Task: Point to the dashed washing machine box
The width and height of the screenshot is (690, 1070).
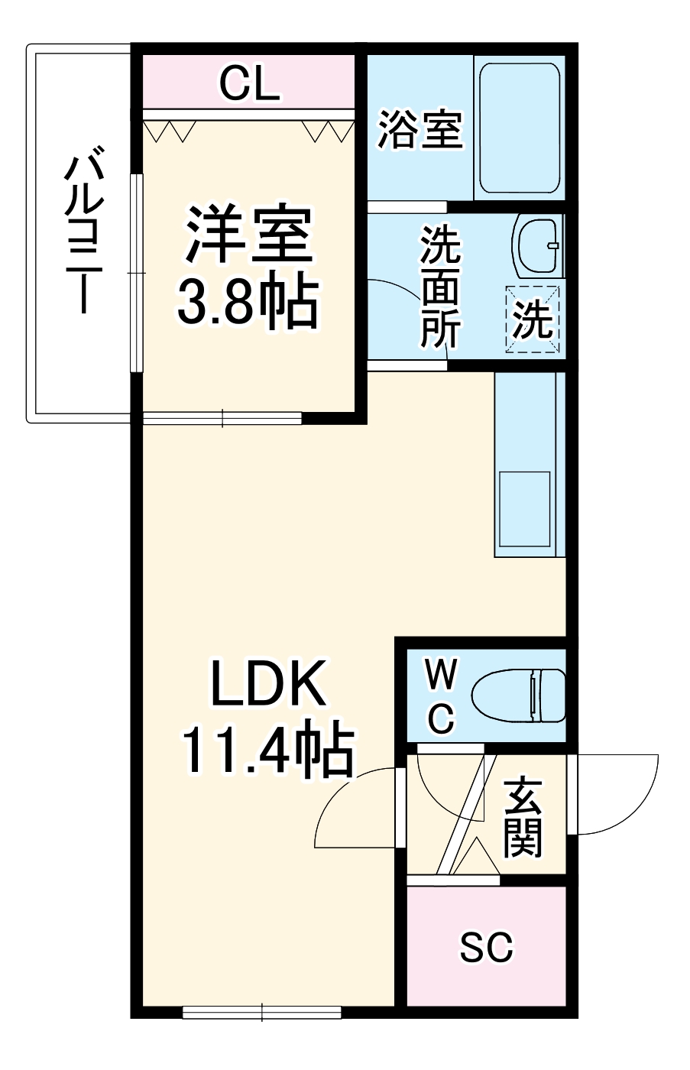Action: pyautogui.click(x=533, y=319)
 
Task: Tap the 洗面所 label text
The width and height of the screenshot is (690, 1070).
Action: pyautogui.click(x=442, y=287)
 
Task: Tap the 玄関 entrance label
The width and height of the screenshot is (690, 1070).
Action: pyautogui.click(x=523, y=816)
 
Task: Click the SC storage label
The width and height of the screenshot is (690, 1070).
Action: pyautogui.click(x=486, y=948)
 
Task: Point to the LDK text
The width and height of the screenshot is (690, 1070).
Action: pyautogui.click(x=268, y=684)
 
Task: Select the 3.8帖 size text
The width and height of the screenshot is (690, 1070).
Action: pyautogui.click(x=246, y=301)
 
